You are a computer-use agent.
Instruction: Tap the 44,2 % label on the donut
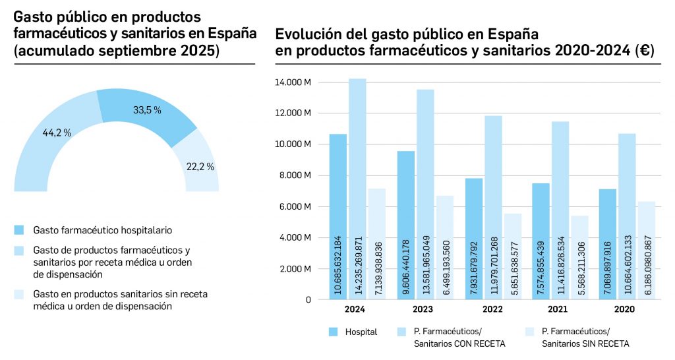pyautogui.click(x=57, y=133)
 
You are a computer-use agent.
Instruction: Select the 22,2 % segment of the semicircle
pyautogui.click(x=200, y=165)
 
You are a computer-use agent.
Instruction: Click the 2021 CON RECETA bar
pyautogui.click(x=560, y=210)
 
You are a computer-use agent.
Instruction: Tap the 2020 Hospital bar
pyautogui.click(x=608, y=244)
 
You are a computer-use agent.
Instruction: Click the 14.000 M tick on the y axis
pyautogui.click(x=297, y=82)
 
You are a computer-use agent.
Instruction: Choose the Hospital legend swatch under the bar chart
pyautogui.click(x=334, y=332)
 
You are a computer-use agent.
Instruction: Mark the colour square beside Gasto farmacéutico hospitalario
pyautogui.click(x=19, y=229)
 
